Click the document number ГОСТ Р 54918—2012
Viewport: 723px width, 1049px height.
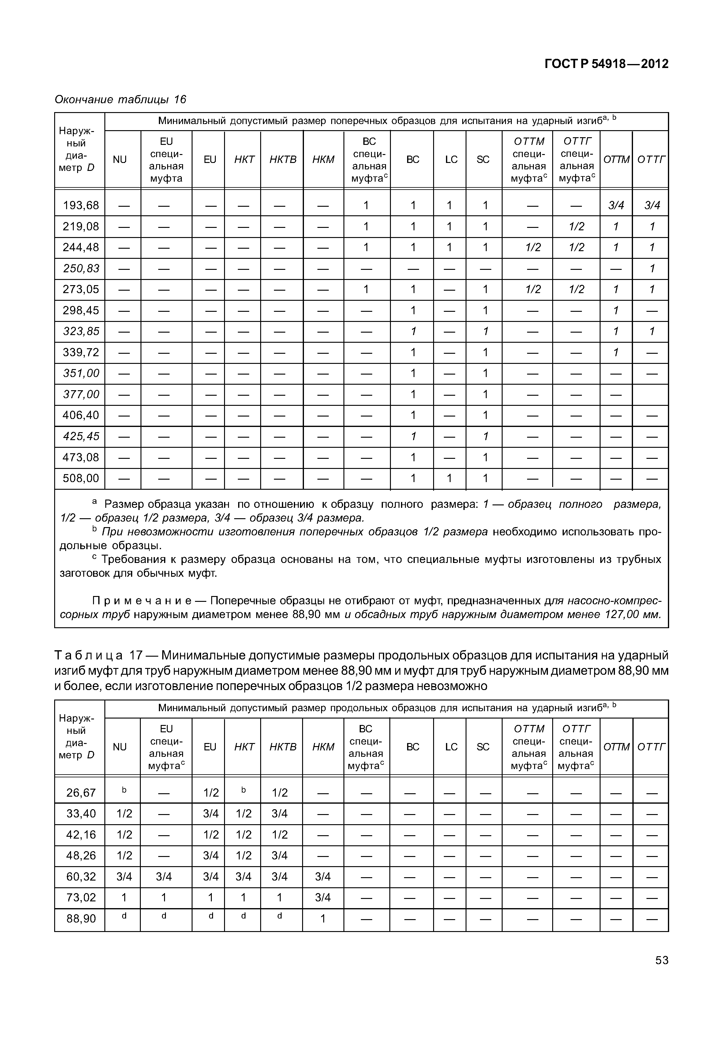pyautogui.click(x=606, y=64)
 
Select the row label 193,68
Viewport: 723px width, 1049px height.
pyautogui.click(x=81, y=205)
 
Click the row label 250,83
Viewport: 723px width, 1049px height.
pyautogui.click(x=81, y=268)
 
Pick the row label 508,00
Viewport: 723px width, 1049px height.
pyautogui.click(x=81, y=478)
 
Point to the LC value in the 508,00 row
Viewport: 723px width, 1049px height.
pyautogui.click(x=449, y=478)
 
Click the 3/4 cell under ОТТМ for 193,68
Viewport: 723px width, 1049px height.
pyautogui.click(x=616, y=205)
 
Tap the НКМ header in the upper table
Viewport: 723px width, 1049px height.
pyautogui.click(x=323, y=160)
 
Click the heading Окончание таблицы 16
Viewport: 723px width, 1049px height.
pyautogui.click(x=120, y=99)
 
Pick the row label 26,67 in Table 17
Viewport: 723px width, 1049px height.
pyautogui.click(x=81, y=793)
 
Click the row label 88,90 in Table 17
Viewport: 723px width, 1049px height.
pyautogui.click(x=81, y=919)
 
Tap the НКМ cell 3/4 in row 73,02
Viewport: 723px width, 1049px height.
pyautogui.click(x=323, y=898)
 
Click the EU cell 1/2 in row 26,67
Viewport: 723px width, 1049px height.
pyautogui.click(x=211, y=793)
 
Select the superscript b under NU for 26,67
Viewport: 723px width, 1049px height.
pyautogui.click(x=124, y=790)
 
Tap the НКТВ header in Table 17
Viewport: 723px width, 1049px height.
pyautogui.click(x=283, y=747)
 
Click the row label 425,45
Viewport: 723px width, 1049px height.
pyautogui.click(x=81, y=436)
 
